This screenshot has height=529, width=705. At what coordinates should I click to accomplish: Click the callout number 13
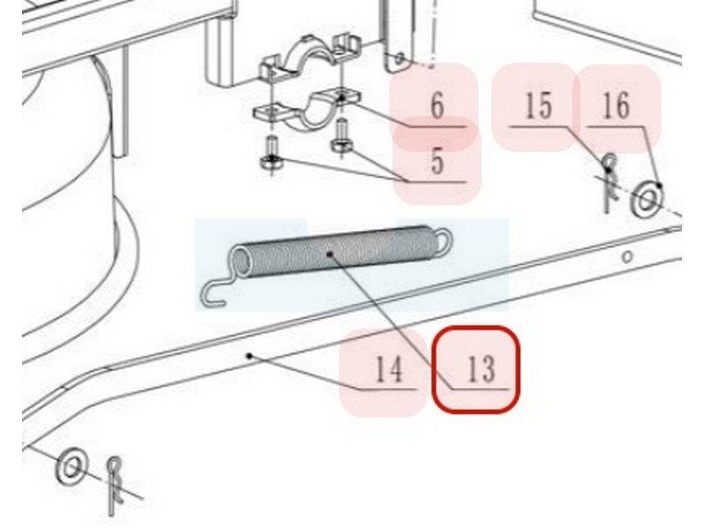click(x=481, y=369)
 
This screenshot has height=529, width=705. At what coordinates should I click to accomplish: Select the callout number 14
click(x=389, y=369)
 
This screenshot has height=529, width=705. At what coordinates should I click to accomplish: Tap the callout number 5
click(x=437, y=161)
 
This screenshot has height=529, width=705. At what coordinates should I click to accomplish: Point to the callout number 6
click(x=437, y=106)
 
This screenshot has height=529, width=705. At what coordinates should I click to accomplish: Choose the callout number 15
click(x=538, y=106)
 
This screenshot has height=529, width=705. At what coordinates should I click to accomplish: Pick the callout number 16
click(x=615, y=106)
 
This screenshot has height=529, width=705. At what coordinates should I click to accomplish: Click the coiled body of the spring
click(x=334, y=252)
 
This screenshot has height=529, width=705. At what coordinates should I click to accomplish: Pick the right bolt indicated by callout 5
click(x=342, y=138)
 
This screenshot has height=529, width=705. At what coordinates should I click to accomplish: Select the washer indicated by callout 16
click(x=648, y=199)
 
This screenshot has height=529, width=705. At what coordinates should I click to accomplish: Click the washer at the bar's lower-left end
click(x=71, y=466)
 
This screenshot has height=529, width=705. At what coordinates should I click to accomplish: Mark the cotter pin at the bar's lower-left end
click(x=115, y=485)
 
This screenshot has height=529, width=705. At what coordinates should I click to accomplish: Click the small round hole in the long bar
click(x=627, y=257)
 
